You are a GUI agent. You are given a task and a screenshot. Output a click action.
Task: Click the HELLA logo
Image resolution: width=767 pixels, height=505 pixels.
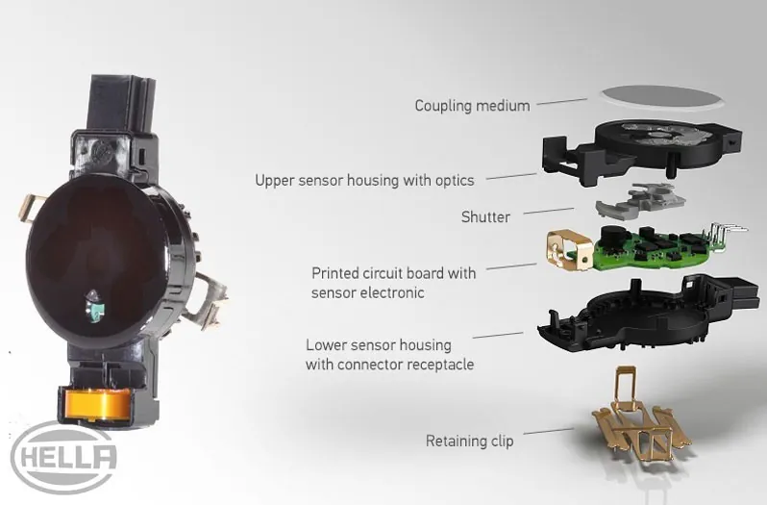click(x=64, y=458)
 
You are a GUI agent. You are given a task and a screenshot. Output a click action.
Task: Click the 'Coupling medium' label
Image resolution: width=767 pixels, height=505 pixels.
click(x=472, y=106)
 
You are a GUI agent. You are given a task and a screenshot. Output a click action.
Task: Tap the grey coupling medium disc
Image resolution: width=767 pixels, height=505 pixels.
click(x=663, y=96)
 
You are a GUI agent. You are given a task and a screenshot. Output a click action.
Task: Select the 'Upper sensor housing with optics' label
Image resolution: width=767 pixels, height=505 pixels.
click(x=364, y=180)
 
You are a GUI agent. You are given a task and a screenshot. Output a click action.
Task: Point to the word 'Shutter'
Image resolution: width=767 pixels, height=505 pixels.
click(x=485, y=216)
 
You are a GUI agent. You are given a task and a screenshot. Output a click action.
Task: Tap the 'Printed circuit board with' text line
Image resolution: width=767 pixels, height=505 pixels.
click(x=393, y=272)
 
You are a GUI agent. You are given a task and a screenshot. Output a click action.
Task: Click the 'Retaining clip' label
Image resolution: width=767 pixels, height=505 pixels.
click(x=470, y=441)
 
